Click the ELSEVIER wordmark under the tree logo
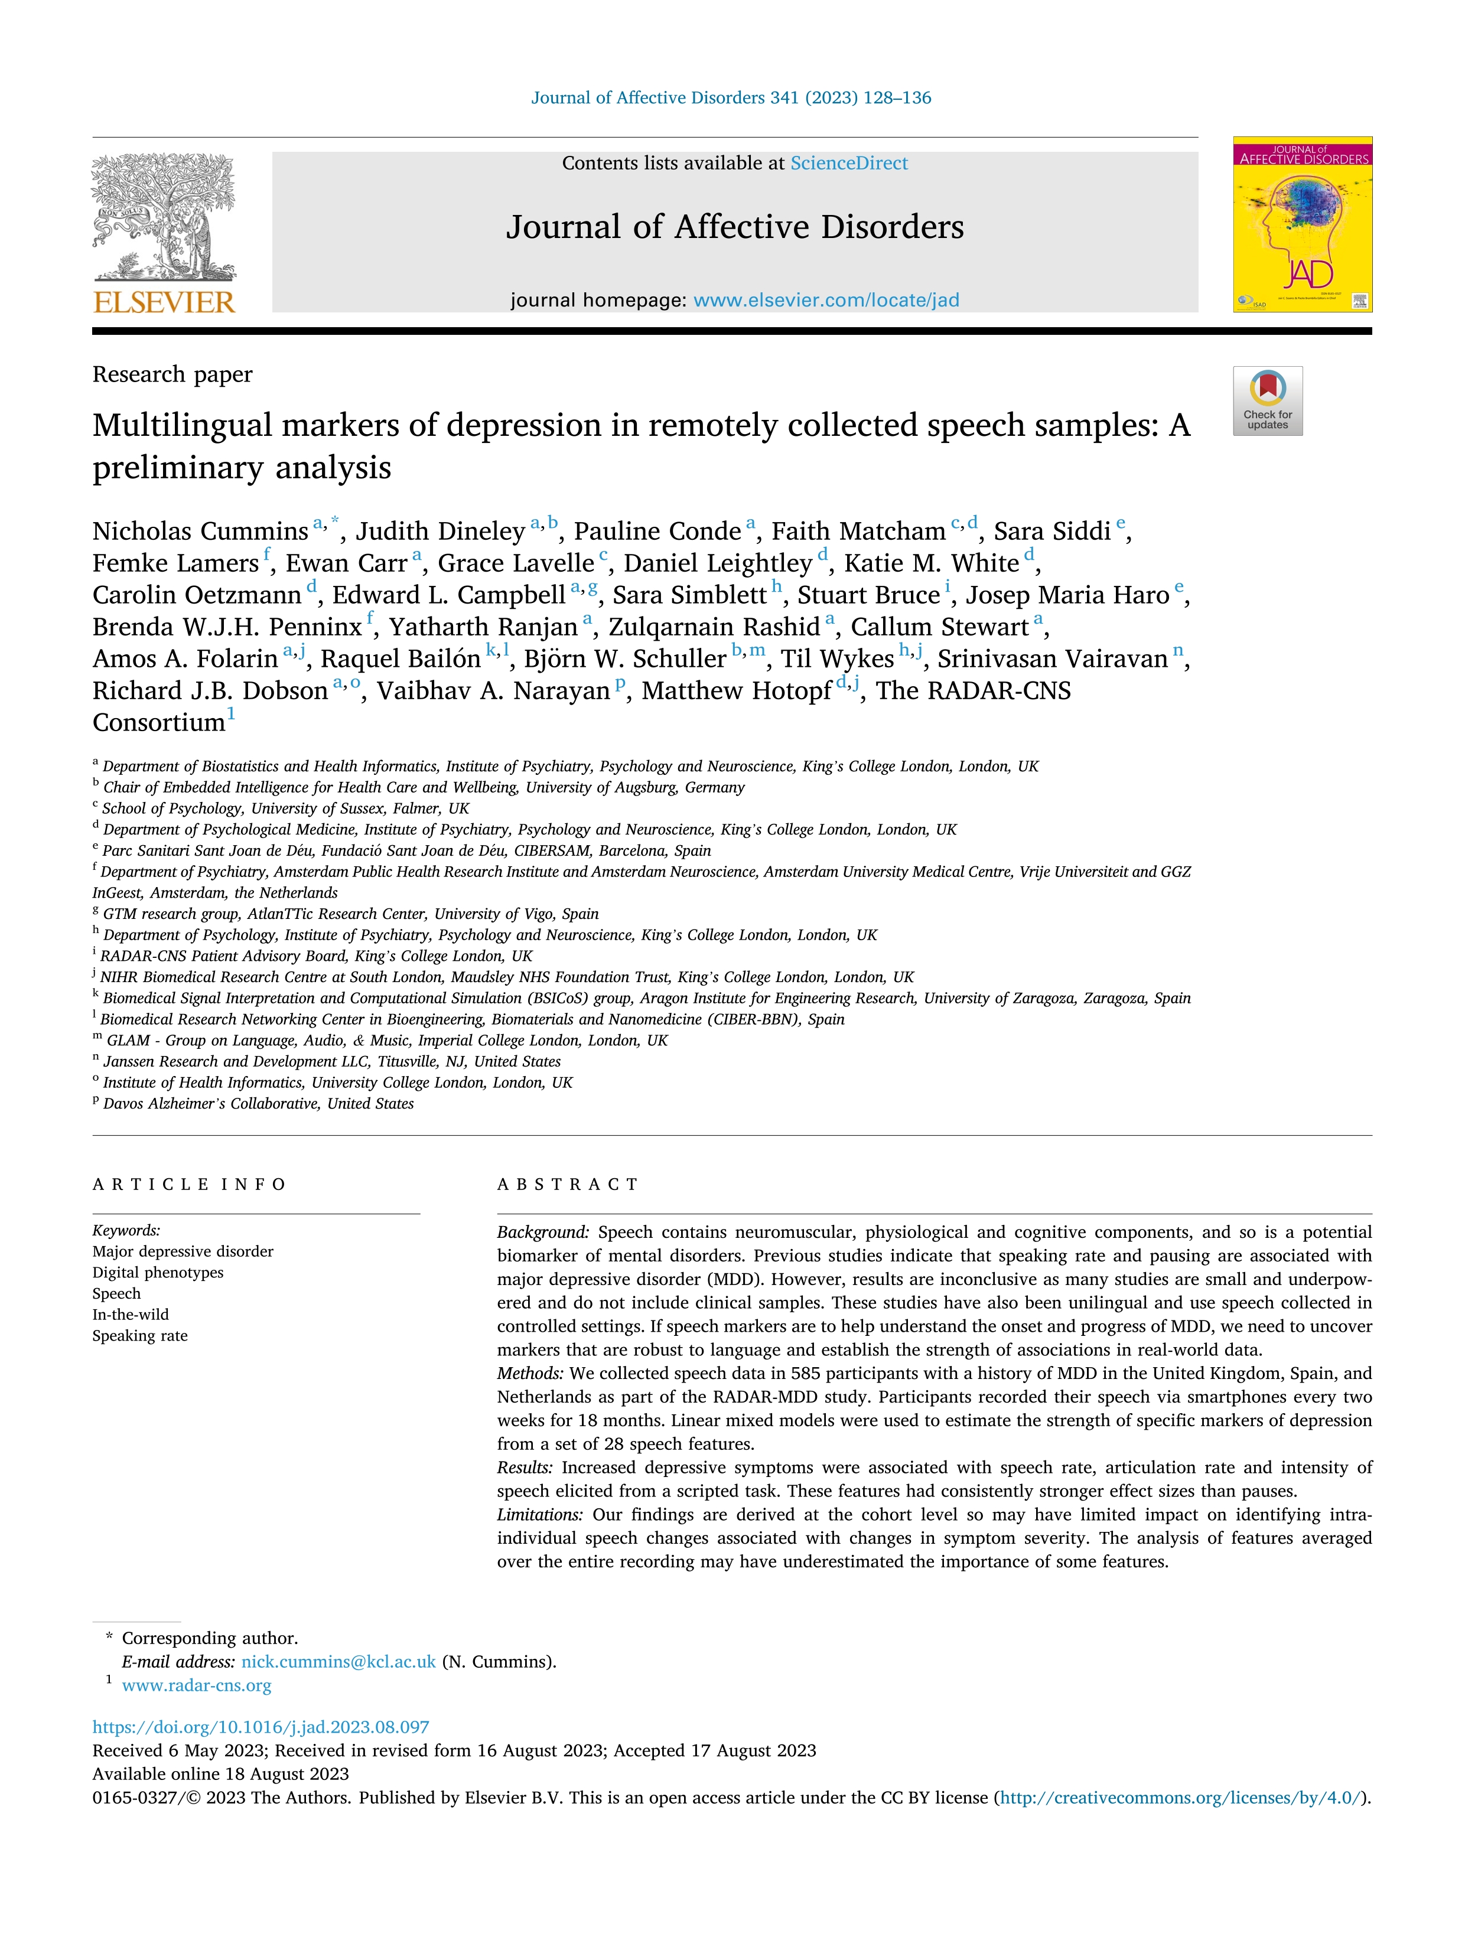pyautogui.click(x=164, y=303)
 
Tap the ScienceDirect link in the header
pyautogui.click(x=849, y=164)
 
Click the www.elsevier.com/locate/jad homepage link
pyautogui.click(x=826, y=300)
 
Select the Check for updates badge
pyautogui.click(x=1267, y=401)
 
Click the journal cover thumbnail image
pyautogui.click(x=1303, y=224)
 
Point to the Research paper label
pyautogui.click(x=172, y=374)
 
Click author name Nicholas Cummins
pyautogui.click(x=200, y=532)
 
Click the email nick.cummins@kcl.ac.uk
pyautogui.click(x=338, y=1662)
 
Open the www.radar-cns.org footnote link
pyautogui.click(x=196, y=1685)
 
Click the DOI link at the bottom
pyautogui.click(x=261, y=1727)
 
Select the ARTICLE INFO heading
pyautogui.click(x=189, y=1185)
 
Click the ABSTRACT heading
pyautogui.click(x=567, y=1185)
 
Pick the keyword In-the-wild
pyautogui.click(x=130, y=1315)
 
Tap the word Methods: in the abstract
pyautogui.click(x=530, y=1374)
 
